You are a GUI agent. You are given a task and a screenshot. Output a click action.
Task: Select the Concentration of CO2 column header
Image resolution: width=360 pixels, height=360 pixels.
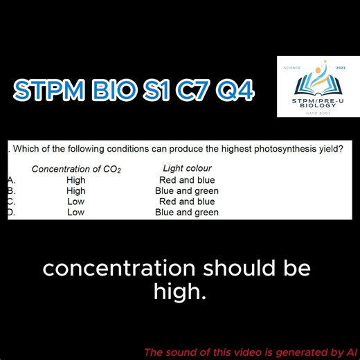(x=76, y=169)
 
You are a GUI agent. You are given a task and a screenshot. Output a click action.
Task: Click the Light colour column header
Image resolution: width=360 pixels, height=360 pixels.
(x=187, y=168)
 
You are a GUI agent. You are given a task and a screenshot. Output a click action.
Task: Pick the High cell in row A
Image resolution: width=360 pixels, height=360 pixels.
(x=76, y=180)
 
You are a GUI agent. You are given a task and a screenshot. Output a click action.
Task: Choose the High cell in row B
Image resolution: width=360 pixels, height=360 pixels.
(x=76, y=191)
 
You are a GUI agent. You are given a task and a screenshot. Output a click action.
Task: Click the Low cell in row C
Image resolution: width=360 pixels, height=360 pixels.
(x=76, y=201)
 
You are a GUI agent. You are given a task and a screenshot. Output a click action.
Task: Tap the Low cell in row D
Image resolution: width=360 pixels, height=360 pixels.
(x=76, y=213)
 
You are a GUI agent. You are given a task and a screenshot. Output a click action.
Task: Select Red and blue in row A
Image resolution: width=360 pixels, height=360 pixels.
(x=187, y=180)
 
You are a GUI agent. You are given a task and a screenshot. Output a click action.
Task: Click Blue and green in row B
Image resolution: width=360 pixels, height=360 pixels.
(x=187, y=191)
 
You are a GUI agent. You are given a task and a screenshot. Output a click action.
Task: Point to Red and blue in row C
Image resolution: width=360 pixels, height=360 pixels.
(x=187, y=201)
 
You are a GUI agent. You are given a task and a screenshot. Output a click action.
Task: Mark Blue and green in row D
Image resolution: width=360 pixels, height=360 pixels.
(x=187, y=213)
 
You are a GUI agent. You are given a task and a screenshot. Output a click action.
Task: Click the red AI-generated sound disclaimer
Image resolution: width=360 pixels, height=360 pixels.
(x=250, y=350)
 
